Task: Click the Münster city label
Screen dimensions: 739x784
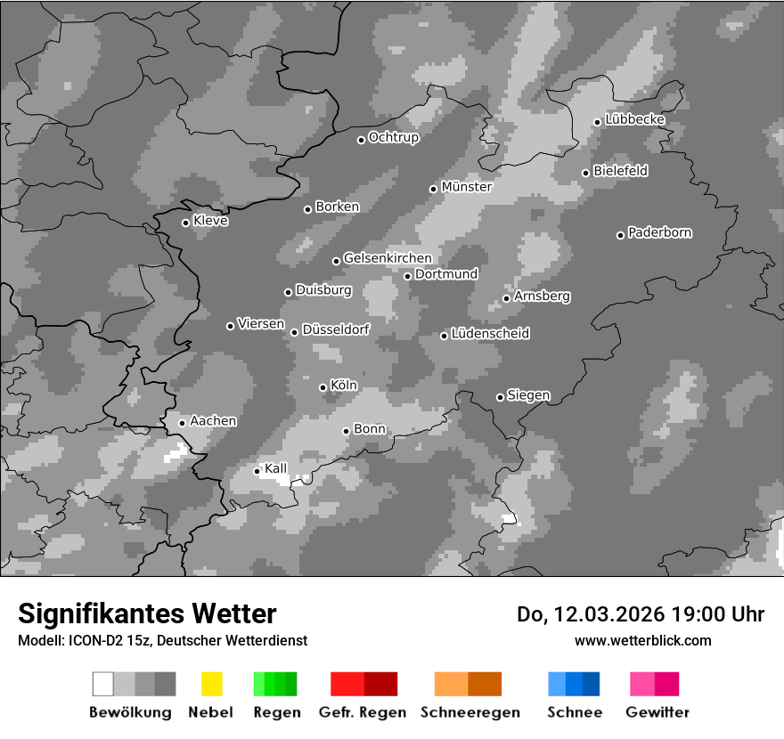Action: [x=466, y=187]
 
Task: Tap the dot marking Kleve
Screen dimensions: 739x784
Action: [x=185, y=223]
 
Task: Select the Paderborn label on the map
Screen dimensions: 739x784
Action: [x=659, y=233]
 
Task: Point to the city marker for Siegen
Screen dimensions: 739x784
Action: [x=500, y=397]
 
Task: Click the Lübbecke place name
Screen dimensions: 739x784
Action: [x=634, y=120]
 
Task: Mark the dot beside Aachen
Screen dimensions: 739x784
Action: [x=182, y=423]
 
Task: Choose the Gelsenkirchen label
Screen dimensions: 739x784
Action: [x=388, y=259]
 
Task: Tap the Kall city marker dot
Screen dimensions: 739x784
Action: [x=257, y=471]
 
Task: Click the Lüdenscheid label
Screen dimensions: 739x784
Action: [x=490, y=334]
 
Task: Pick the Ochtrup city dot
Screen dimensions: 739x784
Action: [x=361, y=140]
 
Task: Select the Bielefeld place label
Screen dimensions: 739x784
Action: [x=620, y=171]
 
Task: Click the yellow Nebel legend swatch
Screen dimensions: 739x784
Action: [x=211, y=684]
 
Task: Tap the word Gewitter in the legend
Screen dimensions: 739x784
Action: [x=657, y=712]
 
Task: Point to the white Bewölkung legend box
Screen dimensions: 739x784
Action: [x=103, y=684]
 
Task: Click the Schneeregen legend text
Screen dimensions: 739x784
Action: [x=470, y=712]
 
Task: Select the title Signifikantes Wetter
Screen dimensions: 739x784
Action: [x=147, y=613]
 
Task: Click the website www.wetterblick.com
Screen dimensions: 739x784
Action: [x=642, y=640]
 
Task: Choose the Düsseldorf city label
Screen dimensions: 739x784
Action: [x=336, y=330]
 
